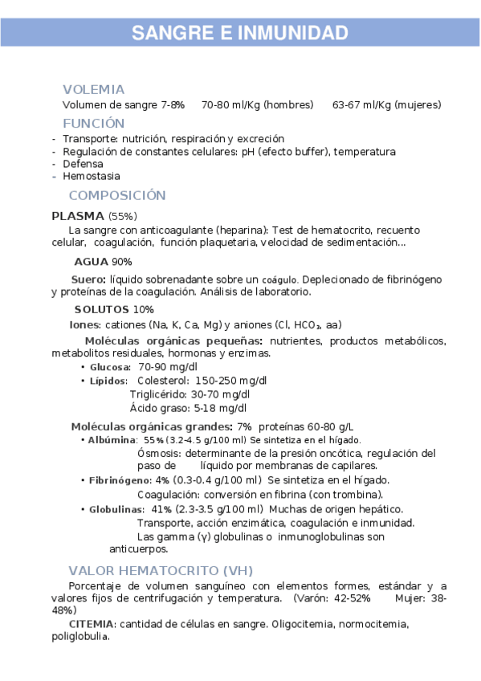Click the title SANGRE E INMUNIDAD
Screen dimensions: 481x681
pyautogui.click(x=240, y=33)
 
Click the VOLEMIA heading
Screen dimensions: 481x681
pyautogui.click(x=94, y=89)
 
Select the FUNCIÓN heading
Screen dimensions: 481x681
pyautogui.click(x=94, y=123)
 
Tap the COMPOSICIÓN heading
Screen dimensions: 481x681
pyautogui.click(x=117, y=195)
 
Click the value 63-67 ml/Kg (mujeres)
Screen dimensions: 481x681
pyautogui.click(x=386, y=105)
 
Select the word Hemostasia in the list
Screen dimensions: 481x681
pyautogui.click(x=92, y=176)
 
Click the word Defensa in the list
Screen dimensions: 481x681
pyautogui.click(x=83, y=164)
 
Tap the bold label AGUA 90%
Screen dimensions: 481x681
pyautogui.click(x=103, y=262)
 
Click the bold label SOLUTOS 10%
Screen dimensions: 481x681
pyautogui.click(x=114, y=309)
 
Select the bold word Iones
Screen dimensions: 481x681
pyautogui.click(x=85, y=325)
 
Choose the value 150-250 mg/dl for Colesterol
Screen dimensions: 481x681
pyautogui.click(x=231, y=380)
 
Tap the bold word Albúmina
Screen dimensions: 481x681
pyautogui.click(x=112, y=440)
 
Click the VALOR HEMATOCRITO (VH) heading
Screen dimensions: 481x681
pyautogui.click(x=161, y=570)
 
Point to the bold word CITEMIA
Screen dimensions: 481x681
pyautogui.click(x=92, y=624)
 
